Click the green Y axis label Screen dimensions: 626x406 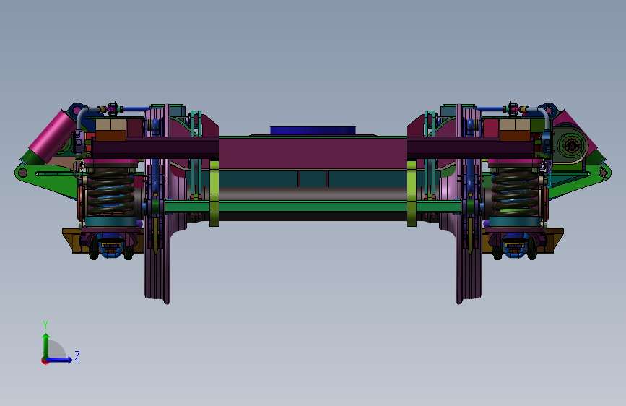pos(45,324)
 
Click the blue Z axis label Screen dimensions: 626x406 pos(77,355)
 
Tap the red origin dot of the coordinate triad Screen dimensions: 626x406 pos(44,360)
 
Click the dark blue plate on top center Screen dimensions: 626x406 pos(313,131)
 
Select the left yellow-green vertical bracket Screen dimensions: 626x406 pos(214,194)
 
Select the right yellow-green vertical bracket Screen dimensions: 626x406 pos(412,194)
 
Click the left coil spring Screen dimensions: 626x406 pos(110,191)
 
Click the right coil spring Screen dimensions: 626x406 pos(515,191)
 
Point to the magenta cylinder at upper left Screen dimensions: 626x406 pos(51,134)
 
